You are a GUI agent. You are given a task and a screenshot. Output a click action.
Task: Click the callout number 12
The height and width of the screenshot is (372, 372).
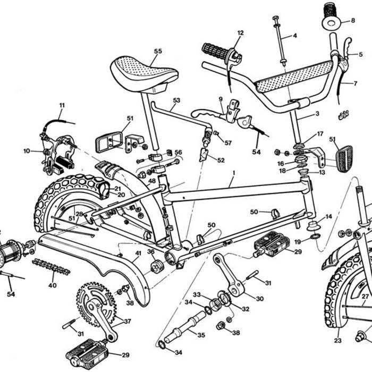pos(240,33)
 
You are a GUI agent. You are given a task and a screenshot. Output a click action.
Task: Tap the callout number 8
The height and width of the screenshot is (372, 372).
pos(352,21)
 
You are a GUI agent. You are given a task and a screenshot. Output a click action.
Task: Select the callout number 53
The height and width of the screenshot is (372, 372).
pos(177,100)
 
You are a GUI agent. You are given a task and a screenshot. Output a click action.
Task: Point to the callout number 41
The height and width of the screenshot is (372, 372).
pos(138,253)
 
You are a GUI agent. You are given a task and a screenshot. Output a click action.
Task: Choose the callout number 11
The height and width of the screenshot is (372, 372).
pos(62,105)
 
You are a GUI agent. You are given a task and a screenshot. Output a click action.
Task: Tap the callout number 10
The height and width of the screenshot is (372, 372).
pos(27,151)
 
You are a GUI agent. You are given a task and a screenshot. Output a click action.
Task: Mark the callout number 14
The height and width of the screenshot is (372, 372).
pos(328,216)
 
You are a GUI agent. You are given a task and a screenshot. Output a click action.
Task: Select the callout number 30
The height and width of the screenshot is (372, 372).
pos(259,299)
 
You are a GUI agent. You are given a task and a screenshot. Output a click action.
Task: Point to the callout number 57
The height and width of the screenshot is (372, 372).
pos(228,143)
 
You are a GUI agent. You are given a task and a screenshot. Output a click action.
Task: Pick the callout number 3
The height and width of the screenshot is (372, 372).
pos(317,114)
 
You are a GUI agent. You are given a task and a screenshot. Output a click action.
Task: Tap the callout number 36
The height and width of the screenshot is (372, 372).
pos(151,252)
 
